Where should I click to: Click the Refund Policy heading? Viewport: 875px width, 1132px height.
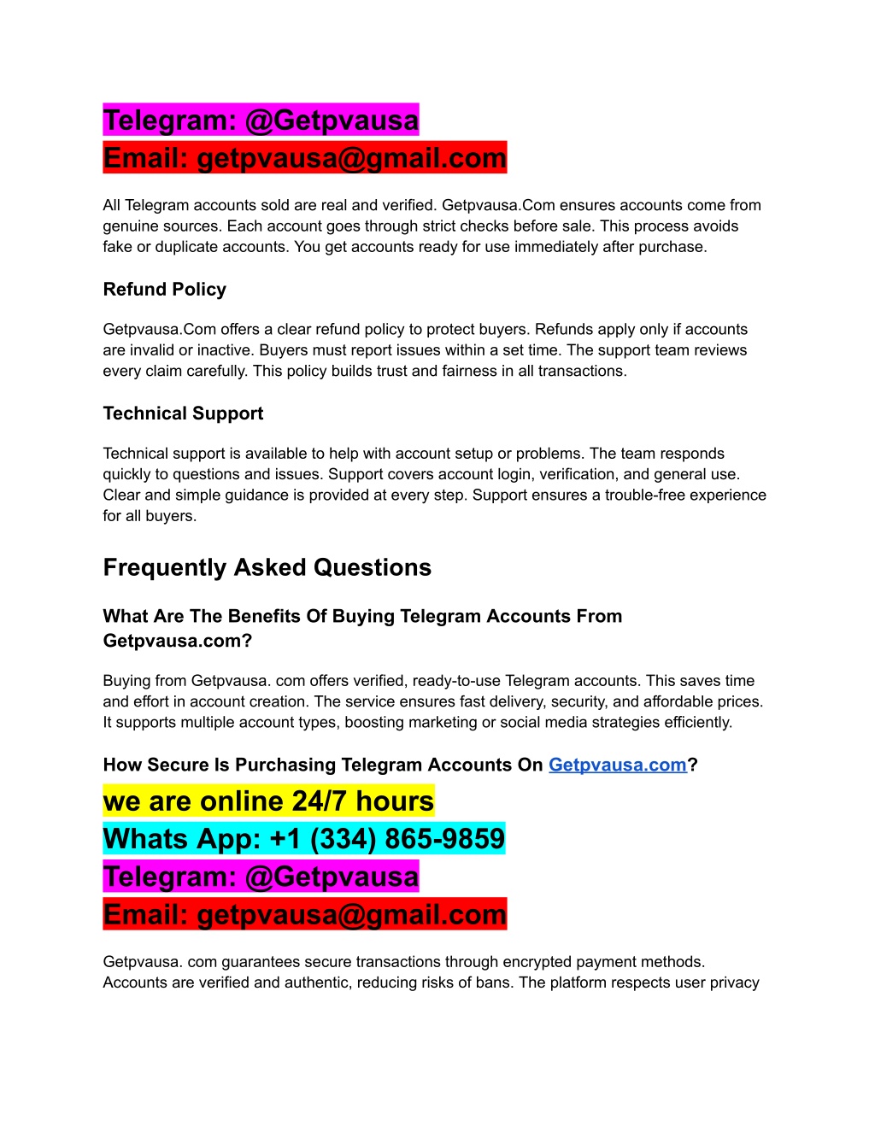(x=164, y=290)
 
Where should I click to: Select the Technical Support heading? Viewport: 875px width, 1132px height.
(x=183, y=414)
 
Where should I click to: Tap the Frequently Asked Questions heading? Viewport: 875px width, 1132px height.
(x=267, y=568)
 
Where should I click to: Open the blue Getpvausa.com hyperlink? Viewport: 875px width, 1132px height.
(x=617, y=765)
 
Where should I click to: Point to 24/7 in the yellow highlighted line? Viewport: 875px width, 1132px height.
(x=320, y=801)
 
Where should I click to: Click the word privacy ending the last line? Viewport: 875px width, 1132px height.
(x=734, y=982)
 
